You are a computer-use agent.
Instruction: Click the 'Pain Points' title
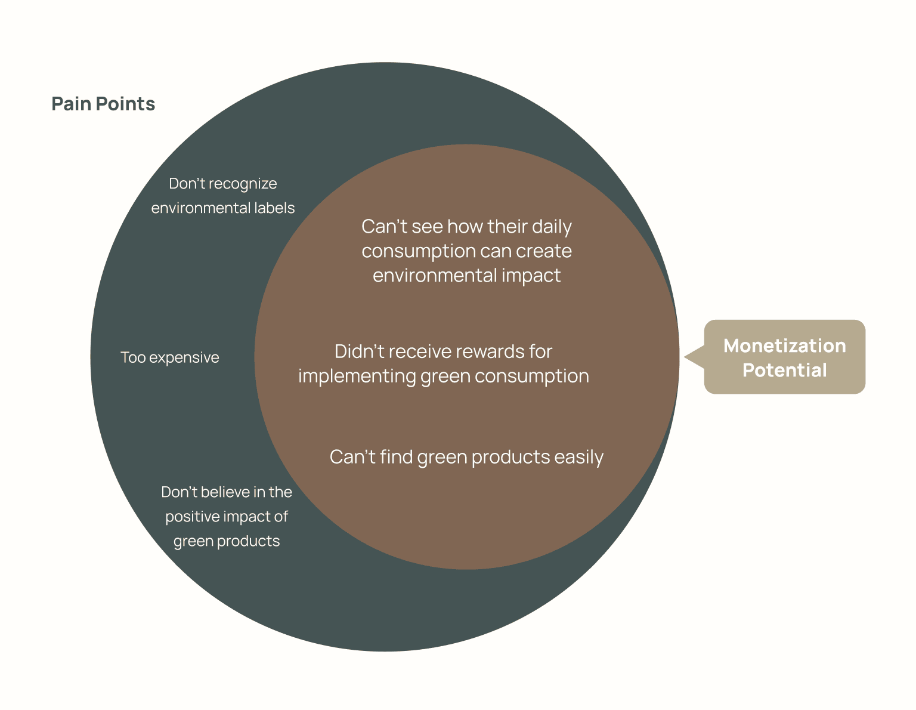point(103,104)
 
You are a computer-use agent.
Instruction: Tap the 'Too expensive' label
point(170,357)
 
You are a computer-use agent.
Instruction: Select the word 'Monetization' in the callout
point(784,345)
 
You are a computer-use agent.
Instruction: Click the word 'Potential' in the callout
point(784,370)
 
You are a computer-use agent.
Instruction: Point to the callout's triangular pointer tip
point(684,357)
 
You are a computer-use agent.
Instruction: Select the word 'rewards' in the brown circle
point(490,351)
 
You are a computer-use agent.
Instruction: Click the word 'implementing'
point(357,376)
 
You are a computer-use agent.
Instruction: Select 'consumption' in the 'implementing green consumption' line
point(532,376)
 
